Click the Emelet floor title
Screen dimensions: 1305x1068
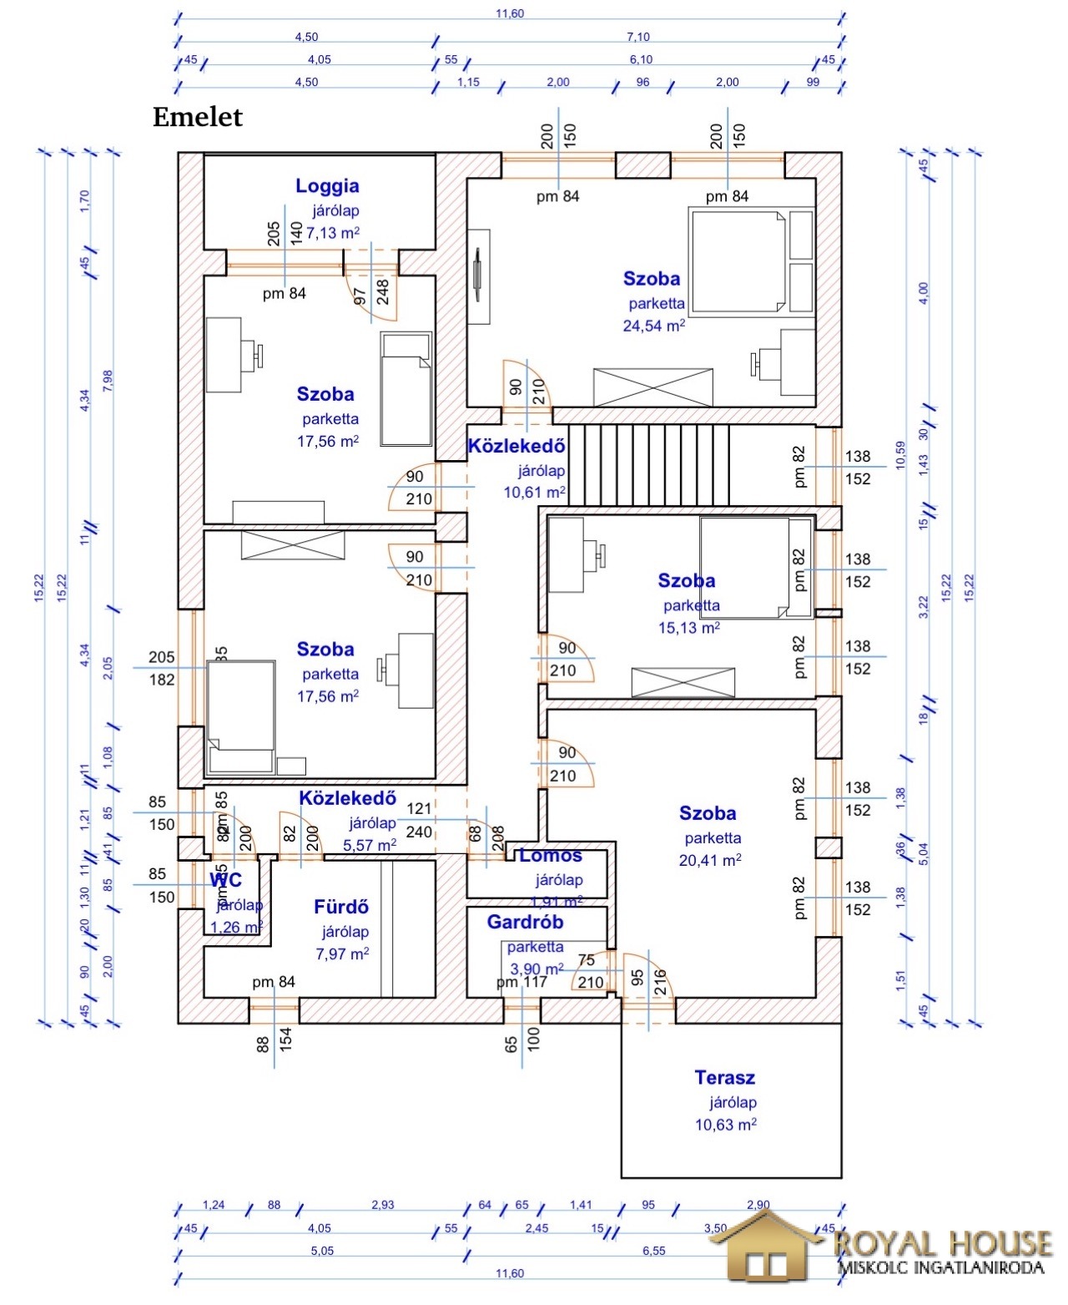click(x=197, y=118)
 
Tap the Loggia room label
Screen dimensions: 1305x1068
click(x=327, y=186)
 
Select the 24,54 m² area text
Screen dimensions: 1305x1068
click(x=653, y=326)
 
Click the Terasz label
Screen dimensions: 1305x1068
click(x=724, y=1078)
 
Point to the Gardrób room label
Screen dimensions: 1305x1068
click(x=525, y=923)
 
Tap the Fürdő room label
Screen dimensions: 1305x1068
click(x=340, y=907)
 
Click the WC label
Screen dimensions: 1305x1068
click(x=225, y=880)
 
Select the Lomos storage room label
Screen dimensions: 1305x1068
click(x=551, y=856)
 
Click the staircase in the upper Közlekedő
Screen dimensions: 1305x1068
click(x=655, y=464)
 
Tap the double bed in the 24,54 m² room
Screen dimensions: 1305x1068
click(x=738, y=260)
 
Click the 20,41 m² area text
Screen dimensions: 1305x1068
click(x=709, y=860)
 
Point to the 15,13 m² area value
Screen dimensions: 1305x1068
click(x=689, y=627)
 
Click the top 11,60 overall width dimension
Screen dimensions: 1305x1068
click(x=509, y=13)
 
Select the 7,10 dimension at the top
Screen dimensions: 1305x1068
click(x=637, y=37)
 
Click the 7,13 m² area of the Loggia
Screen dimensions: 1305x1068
click(x=332, y=233)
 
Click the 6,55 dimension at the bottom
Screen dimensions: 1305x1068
click(x=654, y=1251)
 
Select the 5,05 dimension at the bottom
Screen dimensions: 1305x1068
click(x=322, y=1251)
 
